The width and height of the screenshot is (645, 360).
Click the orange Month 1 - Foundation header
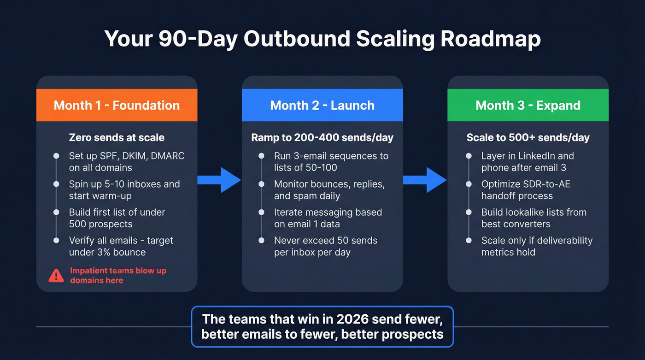[x=117, y=105]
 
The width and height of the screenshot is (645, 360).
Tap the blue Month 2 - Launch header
[x=322, y=105]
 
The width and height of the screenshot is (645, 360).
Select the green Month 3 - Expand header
[x=528, y=105]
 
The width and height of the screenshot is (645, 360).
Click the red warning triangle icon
[x=56, y=276]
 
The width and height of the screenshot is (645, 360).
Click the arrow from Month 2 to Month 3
[x=425, y=180]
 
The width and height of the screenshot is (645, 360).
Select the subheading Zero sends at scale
[x=117, y=137]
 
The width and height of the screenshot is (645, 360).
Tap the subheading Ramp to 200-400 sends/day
[x=322, y=137]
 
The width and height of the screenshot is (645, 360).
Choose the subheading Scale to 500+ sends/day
[x=528, y=137]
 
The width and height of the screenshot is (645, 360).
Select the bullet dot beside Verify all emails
[x=56, y=241]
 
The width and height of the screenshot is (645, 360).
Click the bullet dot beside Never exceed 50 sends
[x=262, y=241]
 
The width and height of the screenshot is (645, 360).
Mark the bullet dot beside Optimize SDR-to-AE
[x=469, y=184]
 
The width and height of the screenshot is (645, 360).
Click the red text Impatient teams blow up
[x=118, y=271]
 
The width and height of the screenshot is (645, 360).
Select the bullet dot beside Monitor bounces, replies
[x=262, y=184]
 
